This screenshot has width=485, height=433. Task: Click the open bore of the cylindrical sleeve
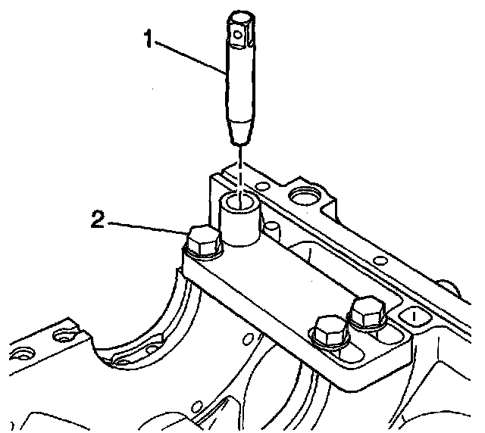(242, 201)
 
